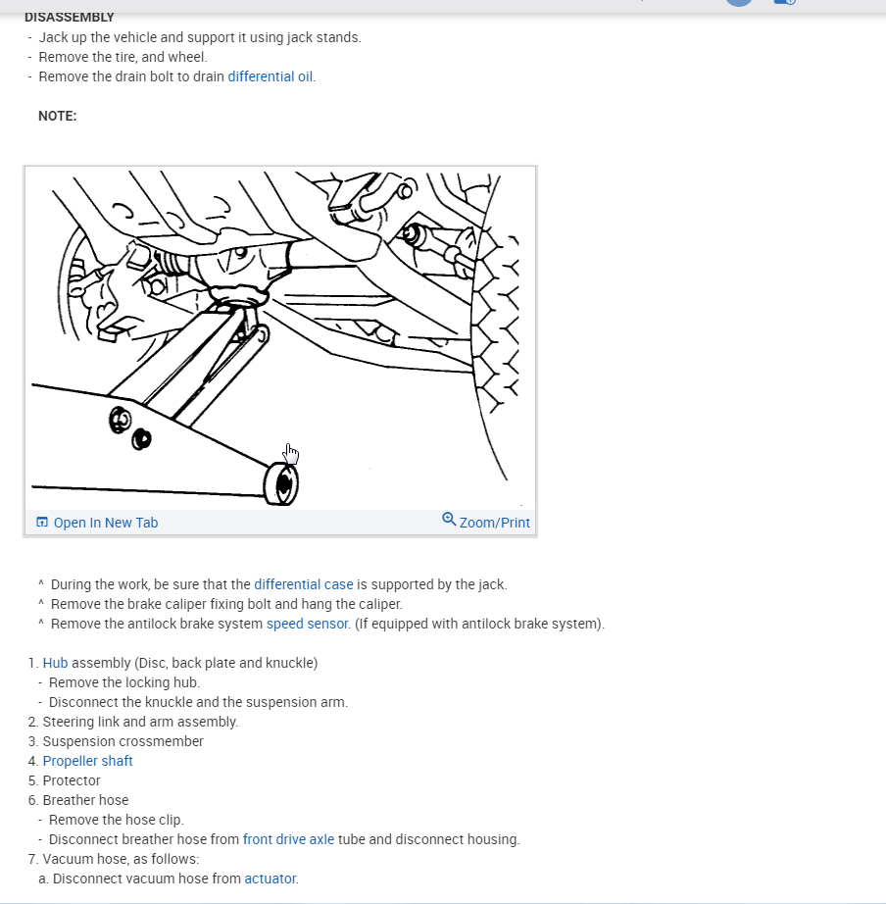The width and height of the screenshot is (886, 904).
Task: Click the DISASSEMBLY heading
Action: click(x=69, y=18)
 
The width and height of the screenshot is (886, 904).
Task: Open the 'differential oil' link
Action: click(x=271, y=76)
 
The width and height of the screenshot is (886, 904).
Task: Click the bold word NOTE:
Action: click(x=57, y=116)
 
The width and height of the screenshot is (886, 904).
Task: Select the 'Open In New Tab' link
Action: click(x=105, y=523)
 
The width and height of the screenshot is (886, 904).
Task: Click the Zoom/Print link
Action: click(x=494, y=523)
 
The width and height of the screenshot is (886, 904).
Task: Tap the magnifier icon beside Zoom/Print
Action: click(x=449, y=519)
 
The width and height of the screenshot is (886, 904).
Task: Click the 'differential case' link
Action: click(x=303, y=584)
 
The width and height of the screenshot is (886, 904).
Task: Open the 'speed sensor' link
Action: click(x=307, y=624)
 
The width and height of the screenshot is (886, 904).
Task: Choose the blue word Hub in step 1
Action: click(x=55, y=663)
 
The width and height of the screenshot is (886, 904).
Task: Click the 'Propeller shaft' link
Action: click(x=87, y=761)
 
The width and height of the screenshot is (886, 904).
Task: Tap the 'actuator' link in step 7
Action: click(x=270, y=879)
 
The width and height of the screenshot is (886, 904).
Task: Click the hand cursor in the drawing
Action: click(x=291, y=453)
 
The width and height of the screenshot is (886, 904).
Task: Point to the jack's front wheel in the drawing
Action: click(x=282, y=483)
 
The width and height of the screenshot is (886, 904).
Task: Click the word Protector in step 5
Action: click(x=72, y=780)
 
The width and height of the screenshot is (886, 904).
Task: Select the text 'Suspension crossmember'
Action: click(x=123, y=741)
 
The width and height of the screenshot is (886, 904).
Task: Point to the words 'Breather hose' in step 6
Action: click(x=85, y=800)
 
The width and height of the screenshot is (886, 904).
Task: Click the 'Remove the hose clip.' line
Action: click(x=116, y=820)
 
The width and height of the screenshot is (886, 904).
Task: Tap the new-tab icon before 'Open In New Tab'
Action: click(x=42, y=523)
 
